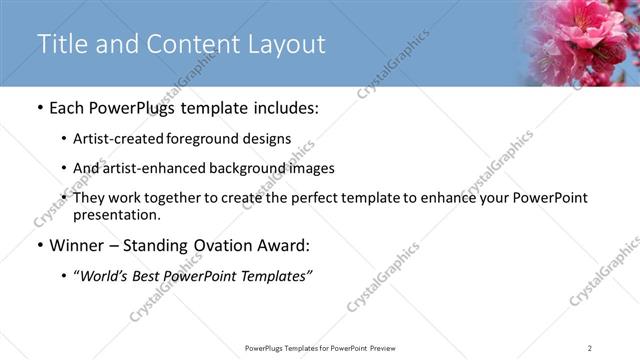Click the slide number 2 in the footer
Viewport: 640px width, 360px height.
(x=590, y=347)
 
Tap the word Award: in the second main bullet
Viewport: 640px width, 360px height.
(x=291, y=245)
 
